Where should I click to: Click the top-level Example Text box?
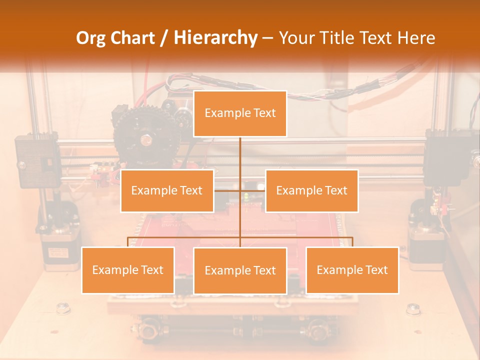pyautogui.click(x=240, y=113)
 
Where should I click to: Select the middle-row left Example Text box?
pyautogui.click(x=167, y=190)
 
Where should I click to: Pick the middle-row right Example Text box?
pyautogui.click(x=311, y=190)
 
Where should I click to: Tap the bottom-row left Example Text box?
pyautogui.click(x=128, y=270)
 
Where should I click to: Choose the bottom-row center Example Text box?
pyautogui.click(x=240, y=270)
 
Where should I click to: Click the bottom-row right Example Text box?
pyautogui.click(x=352, y=270)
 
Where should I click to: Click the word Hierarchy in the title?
pyautogui.click(x=215, y=38)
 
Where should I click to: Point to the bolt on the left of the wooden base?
pyautogui.click(x=63, y=308)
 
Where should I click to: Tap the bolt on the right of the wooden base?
pyautogui.click(x=413, y=308)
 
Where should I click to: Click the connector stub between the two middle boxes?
pyautogui.click(x=240, y=190)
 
